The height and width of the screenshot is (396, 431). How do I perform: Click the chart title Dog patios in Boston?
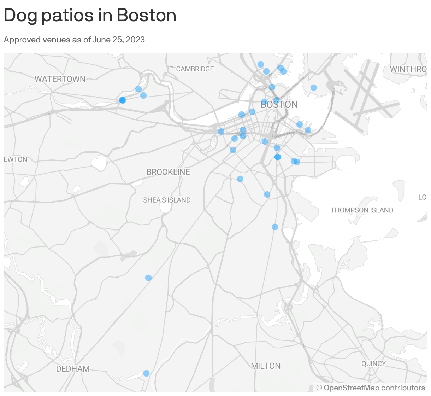(90, 16)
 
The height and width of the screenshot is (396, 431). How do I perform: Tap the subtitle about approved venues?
(74, 40)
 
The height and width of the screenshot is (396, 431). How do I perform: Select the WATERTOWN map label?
(60, 79)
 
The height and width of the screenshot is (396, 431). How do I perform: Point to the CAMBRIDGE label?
(195, 69)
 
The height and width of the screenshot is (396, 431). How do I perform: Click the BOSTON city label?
(279, 105)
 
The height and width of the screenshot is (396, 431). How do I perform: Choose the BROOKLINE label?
(168, 172)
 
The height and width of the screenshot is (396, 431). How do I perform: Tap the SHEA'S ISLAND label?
(167, 200)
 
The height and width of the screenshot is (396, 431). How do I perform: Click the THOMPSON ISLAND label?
(362, 210)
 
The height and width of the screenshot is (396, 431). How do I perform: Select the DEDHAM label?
(73, 369)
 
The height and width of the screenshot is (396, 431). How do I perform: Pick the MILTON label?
(266, 366)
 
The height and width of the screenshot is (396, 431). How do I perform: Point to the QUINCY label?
(373, 364)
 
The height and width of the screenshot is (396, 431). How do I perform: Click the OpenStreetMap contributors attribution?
(371, 388)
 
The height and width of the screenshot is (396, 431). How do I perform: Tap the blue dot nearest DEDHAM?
(146, 373)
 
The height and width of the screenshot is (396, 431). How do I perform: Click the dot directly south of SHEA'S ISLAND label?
(148, 278)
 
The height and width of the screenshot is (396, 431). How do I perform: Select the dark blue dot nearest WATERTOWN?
(122, 100)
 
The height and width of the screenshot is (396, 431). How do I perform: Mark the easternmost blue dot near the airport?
(313, 88)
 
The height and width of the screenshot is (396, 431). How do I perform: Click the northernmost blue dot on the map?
(261, 64)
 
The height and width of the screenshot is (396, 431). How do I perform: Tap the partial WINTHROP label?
(408, 69)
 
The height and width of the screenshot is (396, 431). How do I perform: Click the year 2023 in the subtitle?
(135, 40)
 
